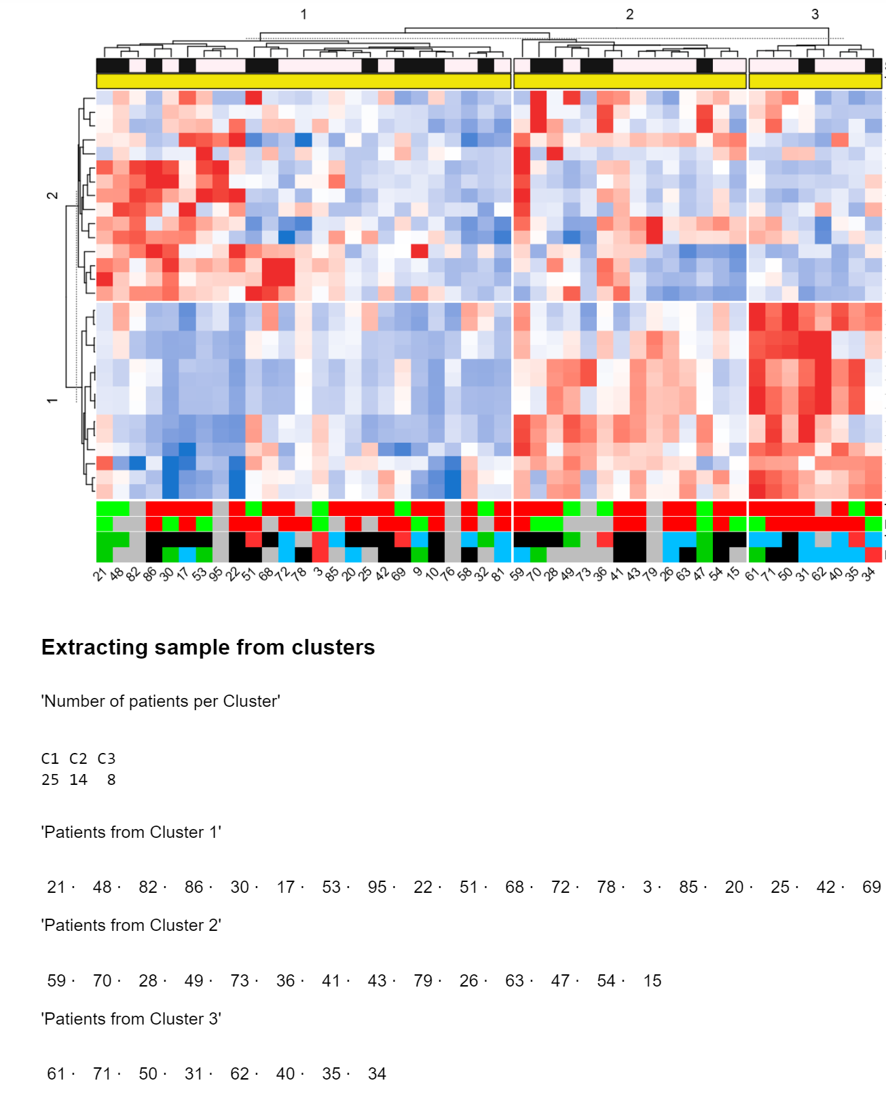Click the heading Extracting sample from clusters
208,647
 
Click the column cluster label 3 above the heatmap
815,14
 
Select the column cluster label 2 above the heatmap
629,14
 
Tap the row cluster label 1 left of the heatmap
52,401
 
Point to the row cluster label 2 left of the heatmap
52,196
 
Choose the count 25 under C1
50,779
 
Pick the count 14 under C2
79,779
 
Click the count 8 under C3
111,779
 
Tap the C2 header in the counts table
79,758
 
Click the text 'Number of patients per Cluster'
161,701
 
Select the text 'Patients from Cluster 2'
131,925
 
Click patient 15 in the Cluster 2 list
652,980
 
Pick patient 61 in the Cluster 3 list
56,1073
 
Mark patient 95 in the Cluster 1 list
377,887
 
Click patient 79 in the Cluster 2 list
423,980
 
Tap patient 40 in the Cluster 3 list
285,1073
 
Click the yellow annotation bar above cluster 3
815,81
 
